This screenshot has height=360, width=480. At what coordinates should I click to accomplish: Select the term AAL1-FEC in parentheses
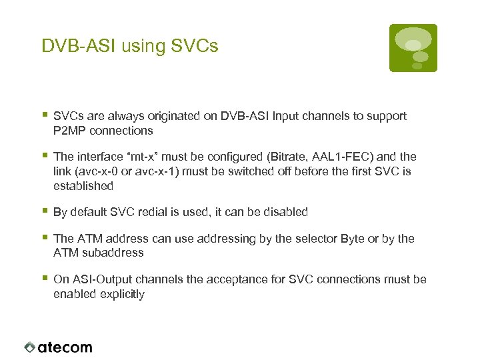344,157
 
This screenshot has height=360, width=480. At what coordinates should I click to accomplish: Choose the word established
83,186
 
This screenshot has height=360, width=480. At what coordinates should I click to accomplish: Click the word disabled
284,212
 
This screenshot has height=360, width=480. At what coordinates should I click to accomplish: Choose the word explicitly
121,294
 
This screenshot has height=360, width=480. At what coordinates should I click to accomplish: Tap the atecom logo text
65,347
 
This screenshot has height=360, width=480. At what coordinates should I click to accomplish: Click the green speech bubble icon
413,48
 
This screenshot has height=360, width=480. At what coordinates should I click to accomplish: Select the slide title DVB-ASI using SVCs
130,46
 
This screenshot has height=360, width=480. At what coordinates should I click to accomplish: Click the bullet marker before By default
45,211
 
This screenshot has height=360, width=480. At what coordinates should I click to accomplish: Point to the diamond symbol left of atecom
29,347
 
